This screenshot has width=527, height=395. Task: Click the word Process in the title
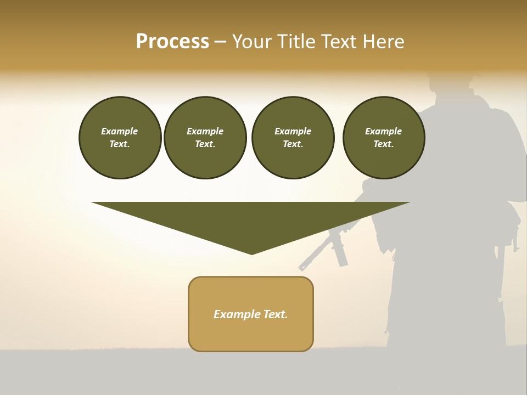[x=172, y=42]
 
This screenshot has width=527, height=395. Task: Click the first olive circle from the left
[x=120, y=138]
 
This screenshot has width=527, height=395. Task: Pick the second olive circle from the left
[x=205, y=138]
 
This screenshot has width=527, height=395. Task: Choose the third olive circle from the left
[x=293, y=138]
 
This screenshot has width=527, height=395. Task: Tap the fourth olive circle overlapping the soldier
[x=383, y=138]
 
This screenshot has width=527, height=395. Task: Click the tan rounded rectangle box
[x=251, y=314]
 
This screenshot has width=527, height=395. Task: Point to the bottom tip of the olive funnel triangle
[x=252, y=253]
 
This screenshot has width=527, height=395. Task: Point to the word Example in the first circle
[x=120, y=131]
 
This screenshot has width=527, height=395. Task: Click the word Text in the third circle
[x=293, y=144]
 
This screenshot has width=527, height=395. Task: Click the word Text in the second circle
[x=205, y=144]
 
